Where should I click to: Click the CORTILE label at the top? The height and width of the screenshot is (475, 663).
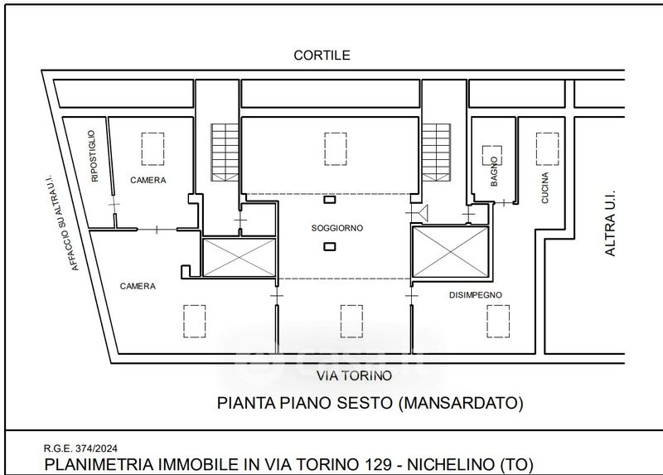pyautogui.click(x=322, y=55)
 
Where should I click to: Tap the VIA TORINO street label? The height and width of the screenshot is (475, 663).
pyautogui.click(x=355, y=376)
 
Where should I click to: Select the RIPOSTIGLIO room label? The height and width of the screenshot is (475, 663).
pyautogui.click(x=94, y=156)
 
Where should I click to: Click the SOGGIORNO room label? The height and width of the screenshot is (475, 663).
pyautogui.click(x=337, y=228)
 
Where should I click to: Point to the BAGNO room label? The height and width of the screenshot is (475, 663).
pyautogui.click(x=494, y=172)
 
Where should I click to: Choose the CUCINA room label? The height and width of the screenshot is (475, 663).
pyautogui.click(x=545, y=187)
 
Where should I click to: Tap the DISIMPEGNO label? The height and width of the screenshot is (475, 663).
pyautogui.click(x=475, y=295)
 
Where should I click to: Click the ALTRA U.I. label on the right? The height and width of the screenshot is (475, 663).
pyautogui.click(x=610, y=222)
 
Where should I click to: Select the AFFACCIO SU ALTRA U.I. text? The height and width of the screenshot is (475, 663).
pyautogui.click(x=64, y=223)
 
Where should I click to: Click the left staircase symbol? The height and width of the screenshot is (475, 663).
pyautogui.click(x=225, y=153)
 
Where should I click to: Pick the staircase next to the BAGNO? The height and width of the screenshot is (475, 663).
pyautogui.click(x=437, y=153)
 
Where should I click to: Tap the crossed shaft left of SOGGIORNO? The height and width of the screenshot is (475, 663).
pyautogui.click(x=240, y=257)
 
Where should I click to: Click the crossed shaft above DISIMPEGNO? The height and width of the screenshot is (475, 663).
pyautogui.click(x=451, y=252)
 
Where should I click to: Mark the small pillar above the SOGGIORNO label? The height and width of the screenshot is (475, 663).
pyautogui.click(x=329, y=200)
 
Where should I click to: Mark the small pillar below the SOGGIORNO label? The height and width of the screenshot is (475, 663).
pyautogui.click(x=329, y=246)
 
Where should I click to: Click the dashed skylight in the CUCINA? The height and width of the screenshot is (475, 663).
pyautogui.click(x=547, y=149)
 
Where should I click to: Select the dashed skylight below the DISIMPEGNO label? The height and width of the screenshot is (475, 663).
pyautogui.click(x=498, y=322)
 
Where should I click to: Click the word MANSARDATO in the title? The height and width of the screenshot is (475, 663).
pyautogui.click(x=461, y=403)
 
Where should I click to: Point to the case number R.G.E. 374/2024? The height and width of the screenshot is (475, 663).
pyautogui.click(x=80, y=448)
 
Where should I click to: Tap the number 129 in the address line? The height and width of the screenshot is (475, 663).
pyautogui.click(x=378, y=464)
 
